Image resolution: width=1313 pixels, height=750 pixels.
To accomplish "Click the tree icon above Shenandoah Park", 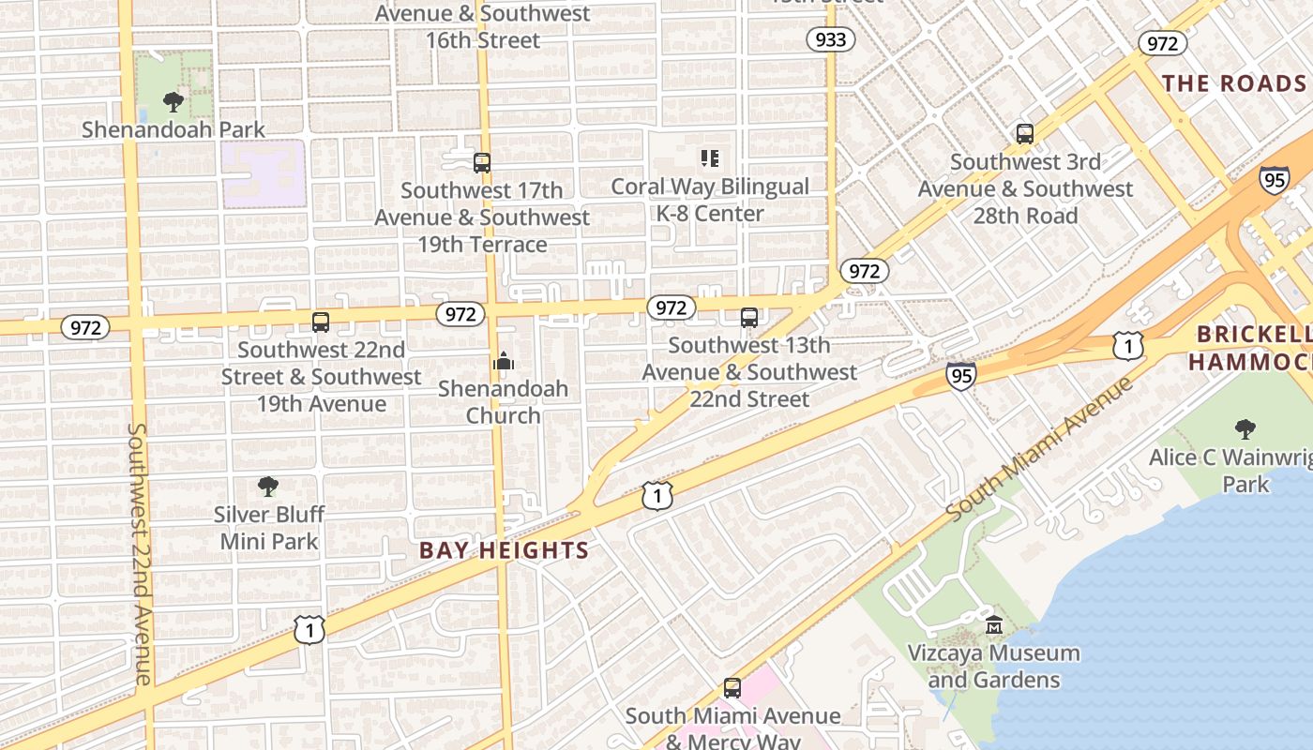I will click(x=173, y=101).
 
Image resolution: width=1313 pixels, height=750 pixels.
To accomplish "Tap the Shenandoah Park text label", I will click(x=174, y=129).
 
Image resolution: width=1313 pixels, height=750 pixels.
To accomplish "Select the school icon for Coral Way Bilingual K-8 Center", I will click(x=710, y=158).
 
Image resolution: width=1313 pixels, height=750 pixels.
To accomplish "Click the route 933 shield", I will click(x=831, y=38).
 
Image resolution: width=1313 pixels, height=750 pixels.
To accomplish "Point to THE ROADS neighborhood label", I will click(x=1234, y=83).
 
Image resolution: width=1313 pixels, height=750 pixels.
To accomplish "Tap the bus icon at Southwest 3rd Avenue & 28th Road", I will click(x=1025, y=134).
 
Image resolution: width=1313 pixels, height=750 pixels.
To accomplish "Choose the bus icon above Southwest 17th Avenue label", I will click(x=482, y=163).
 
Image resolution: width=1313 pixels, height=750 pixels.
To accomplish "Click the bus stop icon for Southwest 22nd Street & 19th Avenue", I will click(x=321, y=322).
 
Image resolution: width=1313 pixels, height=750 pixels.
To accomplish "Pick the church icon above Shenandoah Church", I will click(x=504, y=361).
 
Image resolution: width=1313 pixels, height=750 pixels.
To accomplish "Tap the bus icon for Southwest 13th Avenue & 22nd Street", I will click(x=748, y=318).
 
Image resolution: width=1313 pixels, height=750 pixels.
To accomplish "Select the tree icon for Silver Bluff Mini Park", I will click(x=268, y=487).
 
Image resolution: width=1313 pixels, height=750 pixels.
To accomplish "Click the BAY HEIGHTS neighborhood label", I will click(x=504, y=550).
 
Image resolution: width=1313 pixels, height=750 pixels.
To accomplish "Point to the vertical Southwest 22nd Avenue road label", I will click(x=139, y=553).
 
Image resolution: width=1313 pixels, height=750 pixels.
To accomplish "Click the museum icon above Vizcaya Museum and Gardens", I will click(x=994, y=625).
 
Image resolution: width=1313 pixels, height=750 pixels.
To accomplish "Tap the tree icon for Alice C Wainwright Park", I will click(x=1245, y=429).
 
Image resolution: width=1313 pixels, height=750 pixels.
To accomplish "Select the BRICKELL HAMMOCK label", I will click(x=1253, y=348).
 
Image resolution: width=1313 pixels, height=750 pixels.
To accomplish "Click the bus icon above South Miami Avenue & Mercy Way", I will click(x=732, y=688).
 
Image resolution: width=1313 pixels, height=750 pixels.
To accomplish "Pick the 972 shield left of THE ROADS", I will click(x=1162, y=43).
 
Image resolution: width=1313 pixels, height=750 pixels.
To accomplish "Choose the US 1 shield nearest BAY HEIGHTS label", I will click(x=657, y=496).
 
